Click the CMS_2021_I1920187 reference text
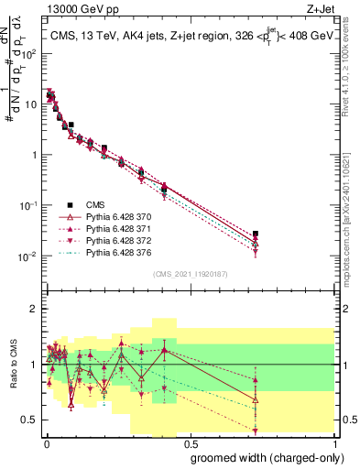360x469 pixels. coord(190,273)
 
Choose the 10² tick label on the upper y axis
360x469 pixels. coord(27,54)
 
